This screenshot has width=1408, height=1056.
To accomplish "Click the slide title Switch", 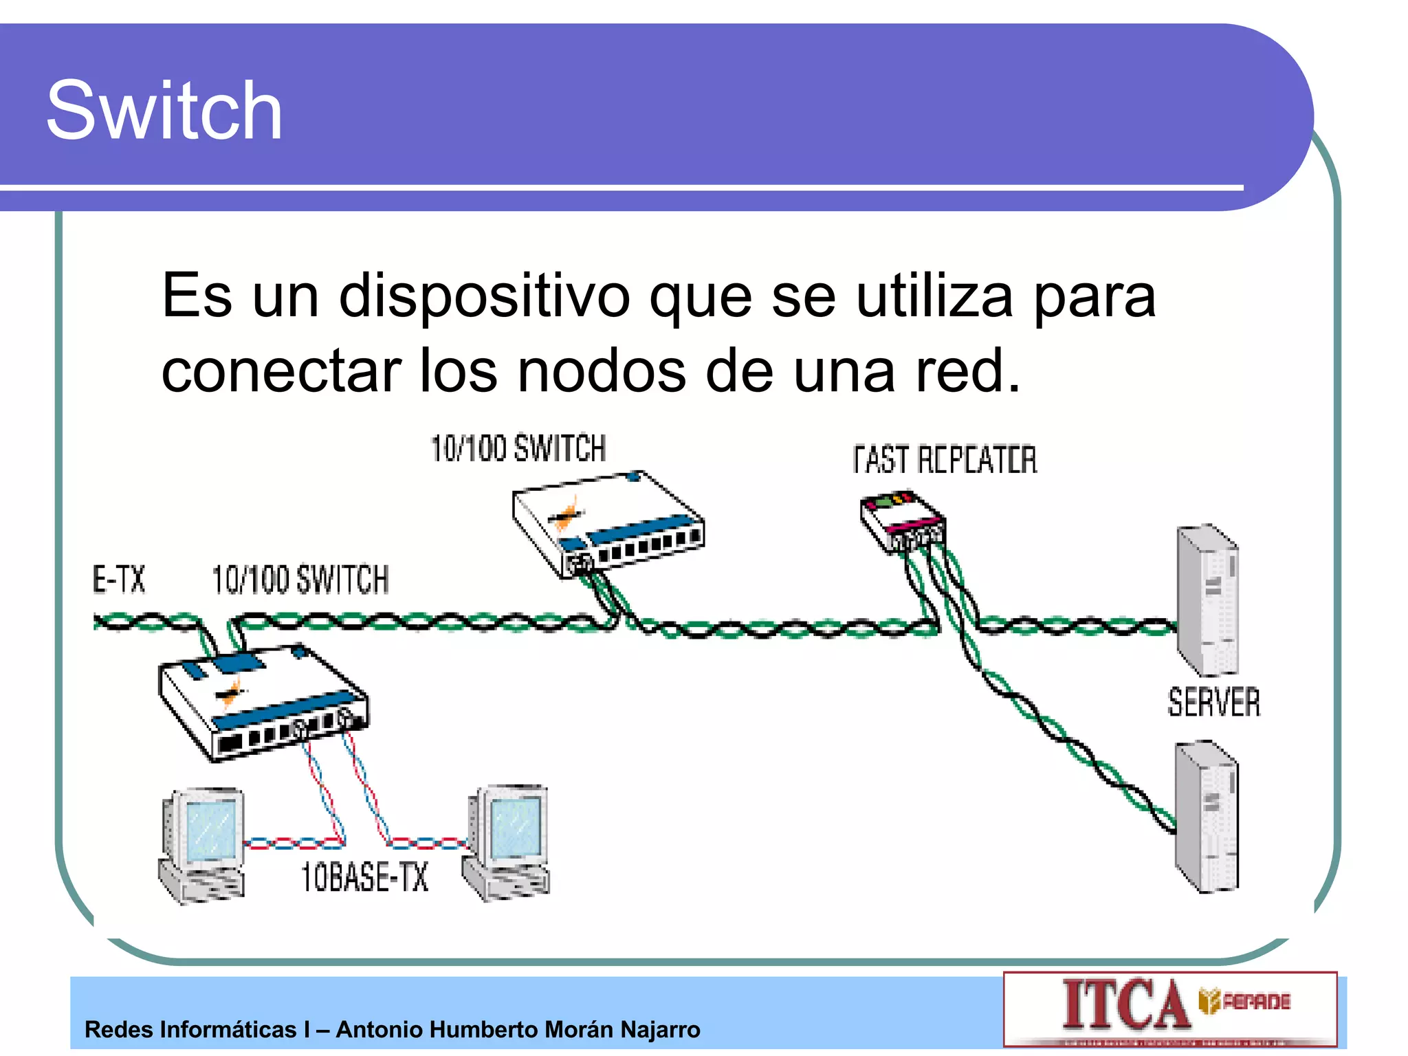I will click(164, 111).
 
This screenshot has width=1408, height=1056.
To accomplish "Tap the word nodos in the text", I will click(601, 371).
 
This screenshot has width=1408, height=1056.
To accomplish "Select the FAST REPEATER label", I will click(945, 460).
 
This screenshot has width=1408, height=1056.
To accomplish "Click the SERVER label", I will click(1214, 703).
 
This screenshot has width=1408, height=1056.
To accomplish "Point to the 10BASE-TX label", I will click(364, 877).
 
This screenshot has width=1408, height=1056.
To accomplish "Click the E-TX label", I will click(119, 579).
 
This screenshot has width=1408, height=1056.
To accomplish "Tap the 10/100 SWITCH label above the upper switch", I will click(518, 448).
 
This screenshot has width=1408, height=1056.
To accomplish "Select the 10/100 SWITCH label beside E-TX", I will click(300, 579).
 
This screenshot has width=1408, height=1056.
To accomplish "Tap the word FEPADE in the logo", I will click(1256, 1002).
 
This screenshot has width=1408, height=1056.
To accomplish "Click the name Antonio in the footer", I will click(382, 1030).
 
